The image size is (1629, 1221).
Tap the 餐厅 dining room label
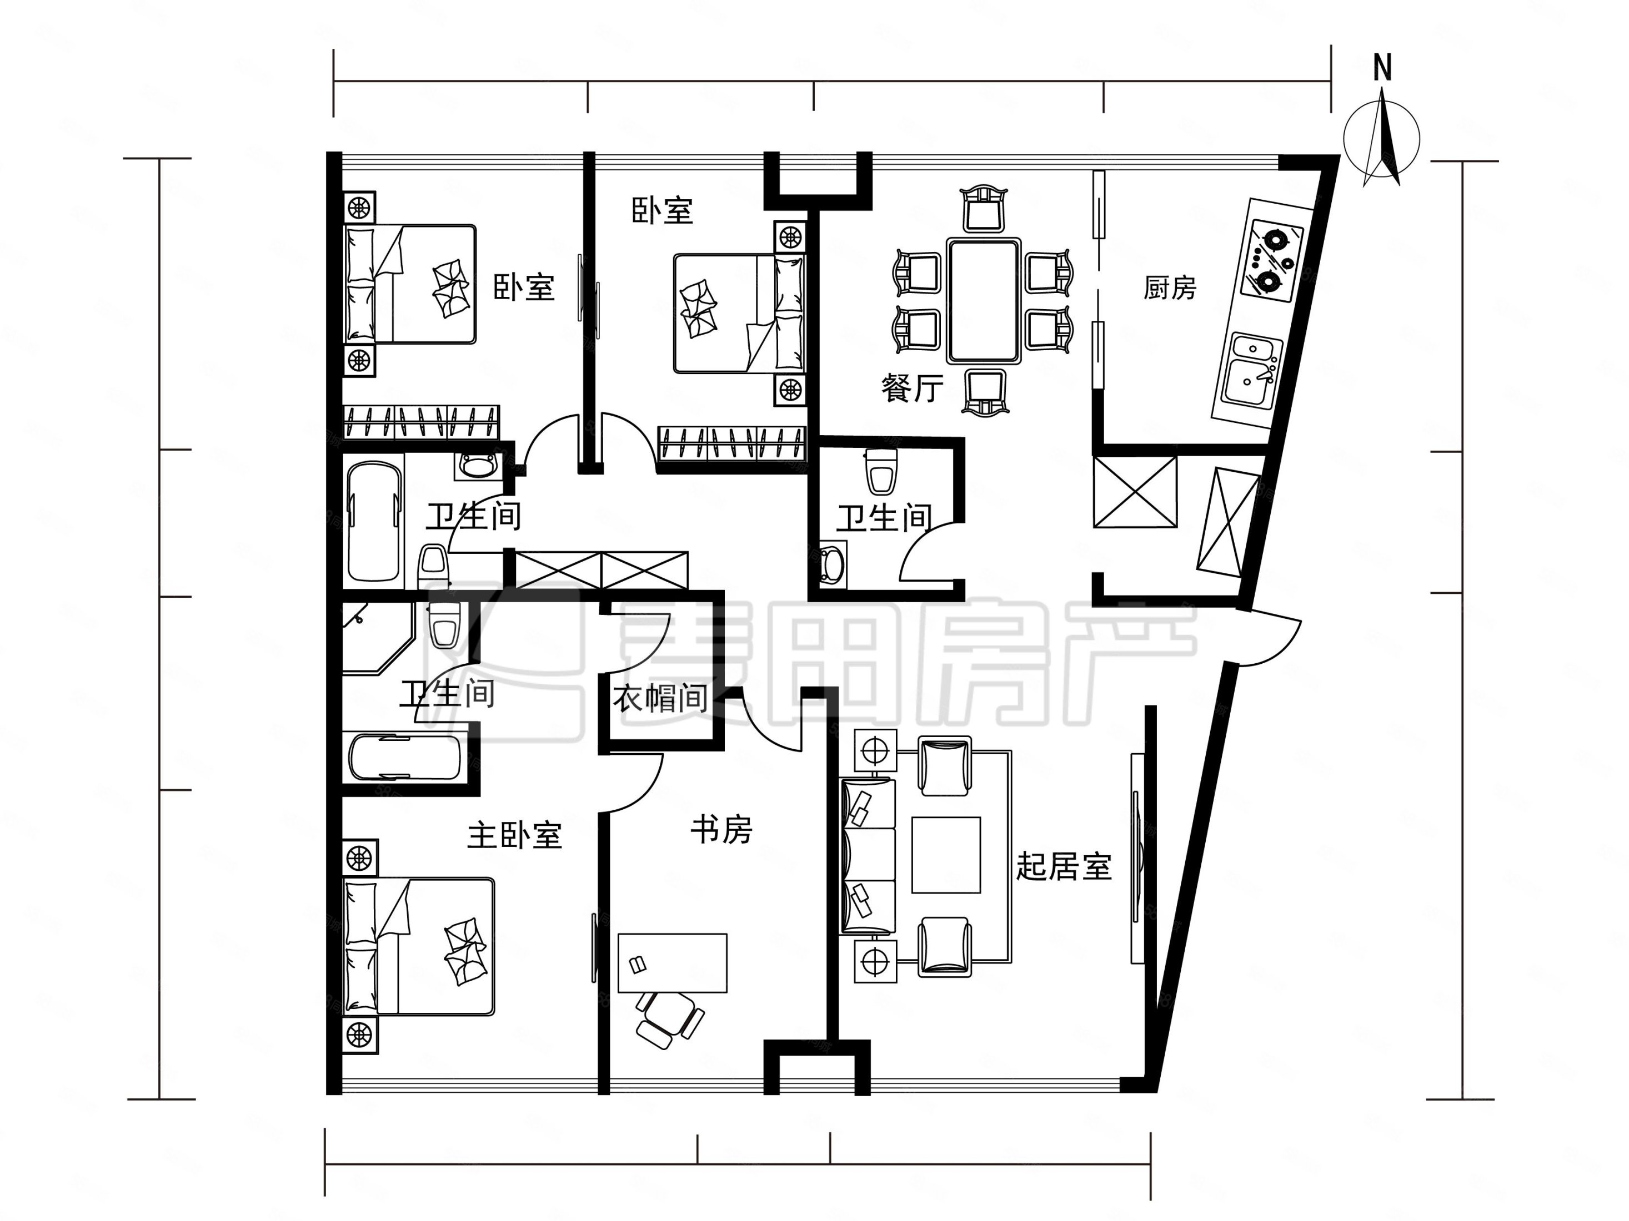coord(912,389)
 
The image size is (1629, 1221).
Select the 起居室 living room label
coord(1064,867)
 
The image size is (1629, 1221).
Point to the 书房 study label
coord(721,830)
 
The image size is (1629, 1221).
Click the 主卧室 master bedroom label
coord(515,835)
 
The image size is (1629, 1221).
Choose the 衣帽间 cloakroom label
coord(660,698)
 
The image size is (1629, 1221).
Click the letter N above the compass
coord(1382,68)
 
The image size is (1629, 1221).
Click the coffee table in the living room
coord(946,855)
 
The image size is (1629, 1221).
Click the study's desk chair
coord(668,1018)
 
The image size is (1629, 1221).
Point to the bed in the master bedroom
coord(419,946)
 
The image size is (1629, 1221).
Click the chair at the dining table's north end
coord(984,209)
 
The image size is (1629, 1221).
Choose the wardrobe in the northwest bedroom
coord(421,422)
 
